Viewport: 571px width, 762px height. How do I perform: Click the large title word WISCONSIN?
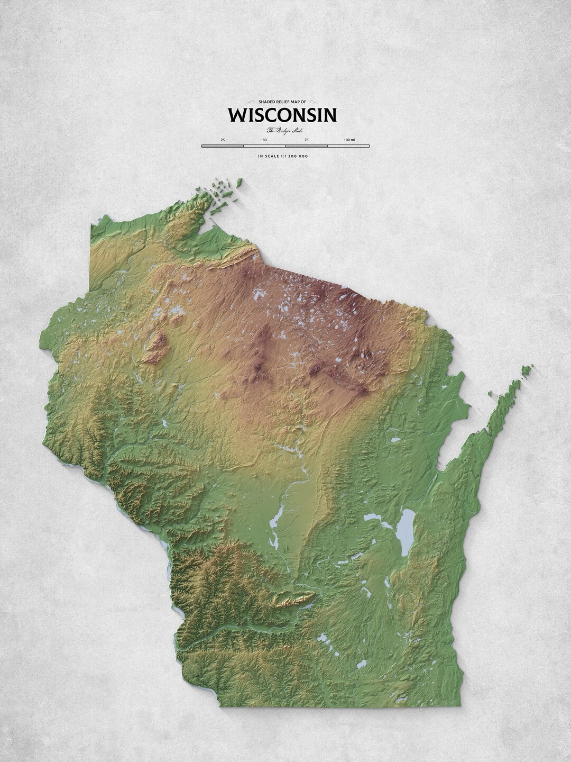(x=282, y=115)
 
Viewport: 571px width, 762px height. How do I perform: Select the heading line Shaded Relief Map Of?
(x=282, y=102)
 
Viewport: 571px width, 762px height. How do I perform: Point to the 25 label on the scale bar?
(x=223, y=139)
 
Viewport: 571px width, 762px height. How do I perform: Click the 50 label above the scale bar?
(x=264, y=139)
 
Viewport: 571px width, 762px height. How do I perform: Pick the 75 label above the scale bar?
(x=306, y=139)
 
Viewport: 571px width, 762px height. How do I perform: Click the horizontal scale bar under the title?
(x=285, y=145)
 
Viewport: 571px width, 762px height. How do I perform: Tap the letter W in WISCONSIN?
(x=236, y=115)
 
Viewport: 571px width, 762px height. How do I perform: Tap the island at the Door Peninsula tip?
(x=527, y=368)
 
